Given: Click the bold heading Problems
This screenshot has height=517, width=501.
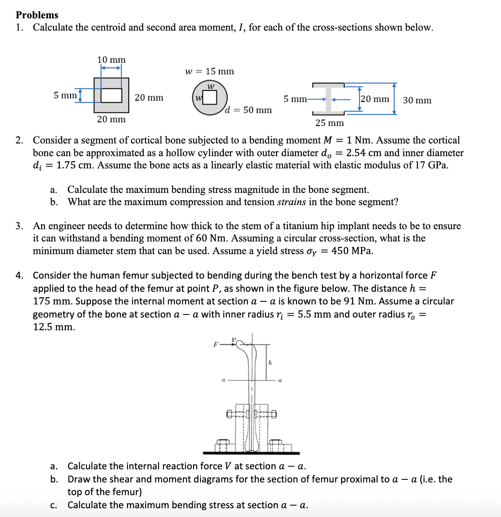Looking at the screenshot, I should click(37, 15).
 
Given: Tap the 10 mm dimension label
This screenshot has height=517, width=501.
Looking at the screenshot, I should click(111, 59).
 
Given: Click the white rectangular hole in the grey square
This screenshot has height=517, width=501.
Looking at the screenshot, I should click(112, 95).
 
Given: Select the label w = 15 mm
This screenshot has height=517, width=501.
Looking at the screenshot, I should click(209, 71).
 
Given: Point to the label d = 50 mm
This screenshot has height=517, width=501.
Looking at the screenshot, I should click(248, 110).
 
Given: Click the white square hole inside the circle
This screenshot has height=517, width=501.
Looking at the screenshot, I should click(210, 97).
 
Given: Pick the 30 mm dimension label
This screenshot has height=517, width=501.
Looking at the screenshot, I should click(417, 100).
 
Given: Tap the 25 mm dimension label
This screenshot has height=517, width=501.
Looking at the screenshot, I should click(329, 123).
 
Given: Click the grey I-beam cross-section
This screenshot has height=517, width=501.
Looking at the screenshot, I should click(328, 98).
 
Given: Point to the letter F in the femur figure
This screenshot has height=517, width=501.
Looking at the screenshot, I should click(215, 344).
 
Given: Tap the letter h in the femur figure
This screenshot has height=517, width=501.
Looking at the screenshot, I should click(270, 362).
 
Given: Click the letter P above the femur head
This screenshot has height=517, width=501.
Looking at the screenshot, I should click(233, 339).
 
